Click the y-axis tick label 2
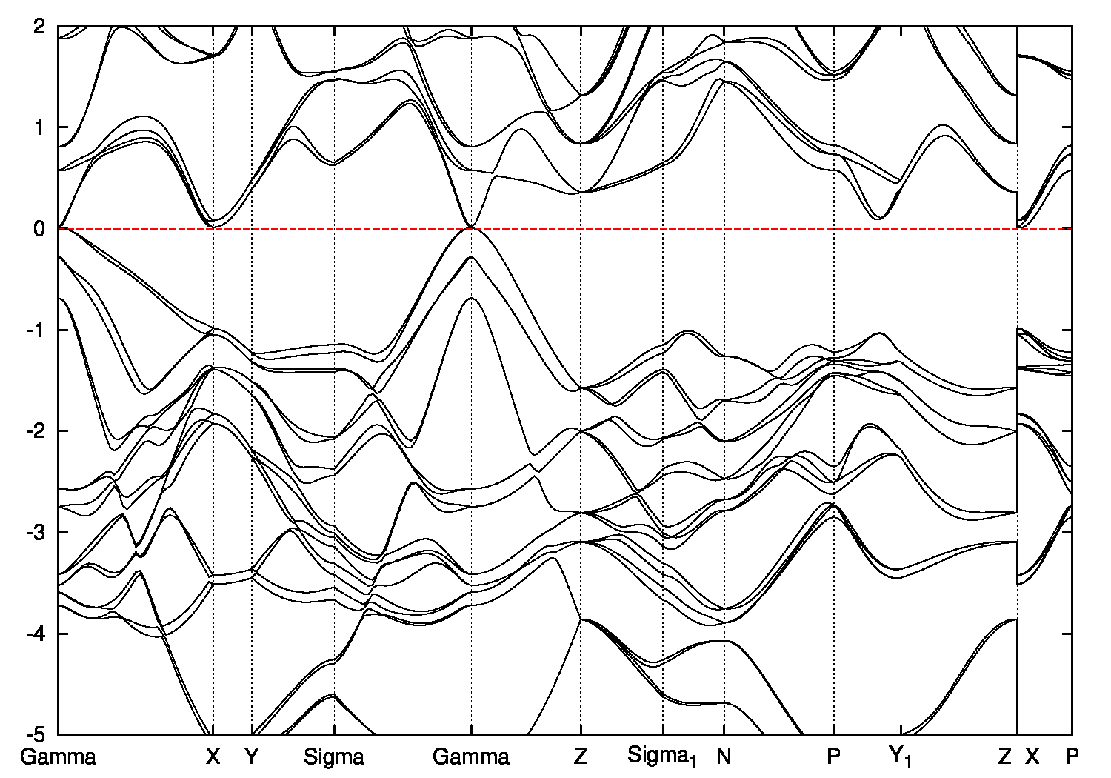pyautogui.click(x=41, y=27)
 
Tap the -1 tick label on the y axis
pyautogui.click(x=37, y=330)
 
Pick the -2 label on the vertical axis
pyautogui.click(x=37, y=431)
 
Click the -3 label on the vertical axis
pyautogui.click(x=37, y=533)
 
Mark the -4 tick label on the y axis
pyautogui.click(x=37, y=634)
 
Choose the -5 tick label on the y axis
pyautogui.click(x=37, y=735)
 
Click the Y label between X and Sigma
pyautogui.click(x=252, y=757)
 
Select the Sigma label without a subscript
pyautogui.click(x=334, y=757)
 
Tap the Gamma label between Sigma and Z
pyautogui.click(x=471, y=757)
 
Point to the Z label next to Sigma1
pyautogui.click(x=580, y=757)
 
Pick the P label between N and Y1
pyautogui.click(x=834, y=757)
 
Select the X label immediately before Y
pyautogui.click(x=213, y=757)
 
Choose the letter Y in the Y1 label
pyautogui.click(x=896, y=756)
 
